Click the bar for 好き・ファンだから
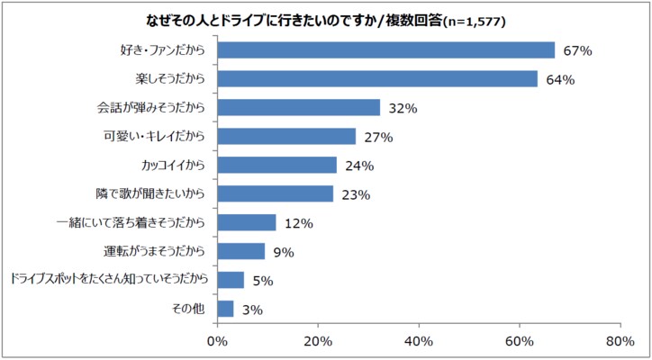pyautogui.click(x=385, y=50)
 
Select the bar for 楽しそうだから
pyautogui.click(x=377, y=79)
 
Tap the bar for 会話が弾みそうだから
pyautogui.click(x=298, y=108)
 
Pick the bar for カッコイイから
pyautogui.click(x=277, y=166)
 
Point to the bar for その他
pyautogui.click(x=225, y=309)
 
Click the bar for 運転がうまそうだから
pyautogui.click(x=241, y=251)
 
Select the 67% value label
pyautogui.click(x=577, y=51)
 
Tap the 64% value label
pyautogui.click(x=560, y=80)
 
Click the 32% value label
pyautogui.click(x=402, y=109)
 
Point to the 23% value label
pyautogui.click(x=355, y=194)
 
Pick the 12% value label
pyautogui.click(x=297, y=223)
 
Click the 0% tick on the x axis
pyautogui.click(x=217, y=342)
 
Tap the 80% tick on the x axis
pyautogui.click(x=620, y=342)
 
